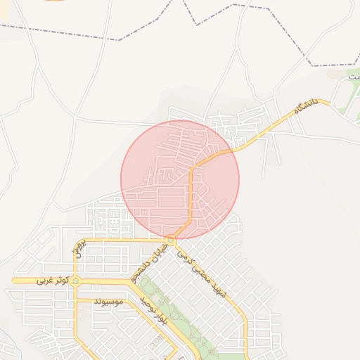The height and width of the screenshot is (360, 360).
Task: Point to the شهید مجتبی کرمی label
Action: coord(204,276)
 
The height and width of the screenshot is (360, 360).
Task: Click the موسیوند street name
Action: coord(108,302)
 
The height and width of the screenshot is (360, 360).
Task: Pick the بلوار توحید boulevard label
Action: coord(153,311)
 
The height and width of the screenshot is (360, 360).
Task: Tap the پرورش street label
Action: coord(80,248)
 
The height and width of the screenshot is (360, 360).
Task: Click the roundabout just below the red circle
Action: coord(171,240)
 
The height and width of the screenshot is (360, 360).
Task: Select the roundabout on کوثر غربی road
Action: coord(76,281)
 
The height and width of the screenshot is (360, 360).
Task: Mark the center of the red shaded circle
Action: coord(180,179)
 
